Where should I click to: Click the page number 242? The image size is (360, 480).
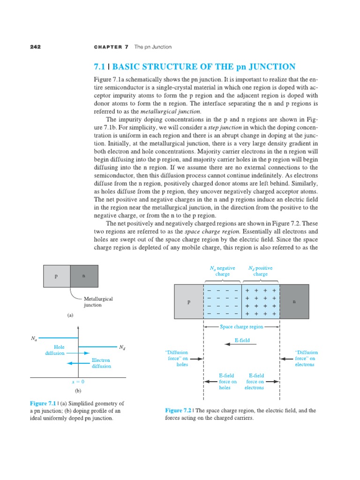[36, 47]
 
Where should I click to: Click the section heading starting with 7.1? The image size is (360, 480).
[195, 67]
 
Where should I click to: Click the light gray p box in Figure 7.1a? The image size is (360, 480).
[56, 276]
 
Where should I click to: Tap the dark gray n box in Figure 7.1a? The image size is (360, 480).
[84, 276]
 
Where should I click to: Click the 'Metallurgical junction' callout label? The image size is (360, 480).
[98, 301]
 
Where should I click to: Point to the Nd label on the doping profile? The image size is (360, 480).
[122, 347]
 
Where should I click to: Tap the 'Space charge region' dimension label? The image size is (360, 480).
[241, 327]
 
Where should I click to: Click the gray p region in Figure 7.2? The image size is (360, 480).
[188, 301]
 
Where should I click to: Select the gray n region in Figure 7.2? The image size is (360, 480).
[294, 301]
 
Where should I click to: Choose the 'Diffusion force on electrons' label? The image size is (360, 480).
[306, 358]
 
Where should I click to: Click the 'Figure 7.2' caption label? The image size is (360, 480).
[176, 411]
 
